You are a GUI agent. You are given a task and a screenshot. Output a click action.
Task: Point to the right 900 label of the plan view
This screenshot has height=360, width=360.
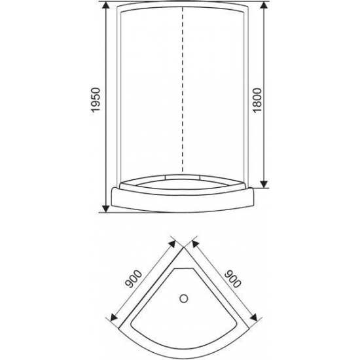tap(230, 279)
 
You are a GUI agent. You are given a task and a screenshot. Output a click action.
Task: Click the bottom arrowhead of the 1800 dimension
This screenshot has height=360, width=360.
tap(263, 185)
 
